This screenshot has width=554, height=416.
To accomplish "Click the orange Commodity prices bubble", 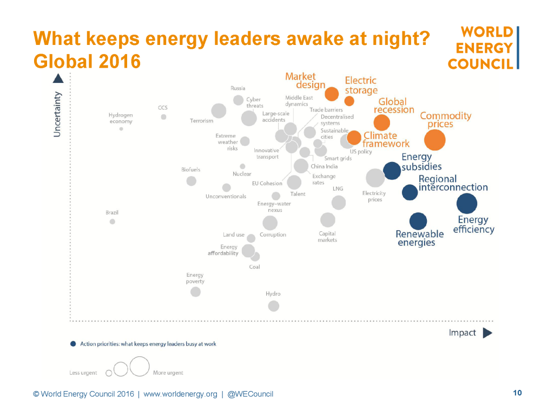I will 435,140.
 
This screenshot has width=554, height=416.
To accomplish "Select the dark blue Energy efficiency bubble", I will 467,204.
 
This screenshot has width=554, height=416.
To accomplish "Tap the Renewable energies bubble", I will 418,221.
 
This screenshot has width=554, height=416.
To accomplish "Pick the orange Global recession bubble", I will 381,123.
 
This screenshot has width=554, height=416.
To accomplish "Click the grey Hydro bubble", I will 274,306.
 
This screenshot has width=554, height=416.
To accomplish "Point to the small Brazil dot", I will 113,222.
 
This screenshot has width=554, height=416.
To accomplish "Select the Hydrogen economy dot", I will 121,129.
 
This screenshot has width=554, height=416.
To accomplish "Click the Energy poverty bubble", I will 196,292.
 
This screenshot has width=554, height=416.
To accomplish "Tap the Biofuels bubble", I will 192,181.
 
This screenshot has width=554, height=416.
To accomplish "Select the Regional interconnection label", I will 453,183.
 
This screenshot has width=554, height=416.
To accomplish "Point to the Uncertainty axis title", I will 57,113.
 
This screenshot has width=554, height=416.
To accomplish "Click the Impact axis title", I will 463,333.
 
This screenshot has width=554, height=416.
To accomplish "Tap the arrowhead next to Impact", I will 487,333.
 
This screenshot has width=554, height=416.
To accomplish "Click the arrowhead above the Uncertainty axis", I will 58,79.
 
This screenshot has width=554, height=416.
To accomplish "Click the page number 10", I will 517,393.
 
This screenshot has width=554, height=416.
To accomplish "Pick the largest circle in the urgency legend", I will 139,366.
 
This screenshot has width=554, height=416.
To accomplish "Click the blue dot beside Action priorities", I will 72,344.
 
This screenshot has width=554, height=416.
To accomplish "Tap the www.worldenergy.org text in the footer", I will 180,394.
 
